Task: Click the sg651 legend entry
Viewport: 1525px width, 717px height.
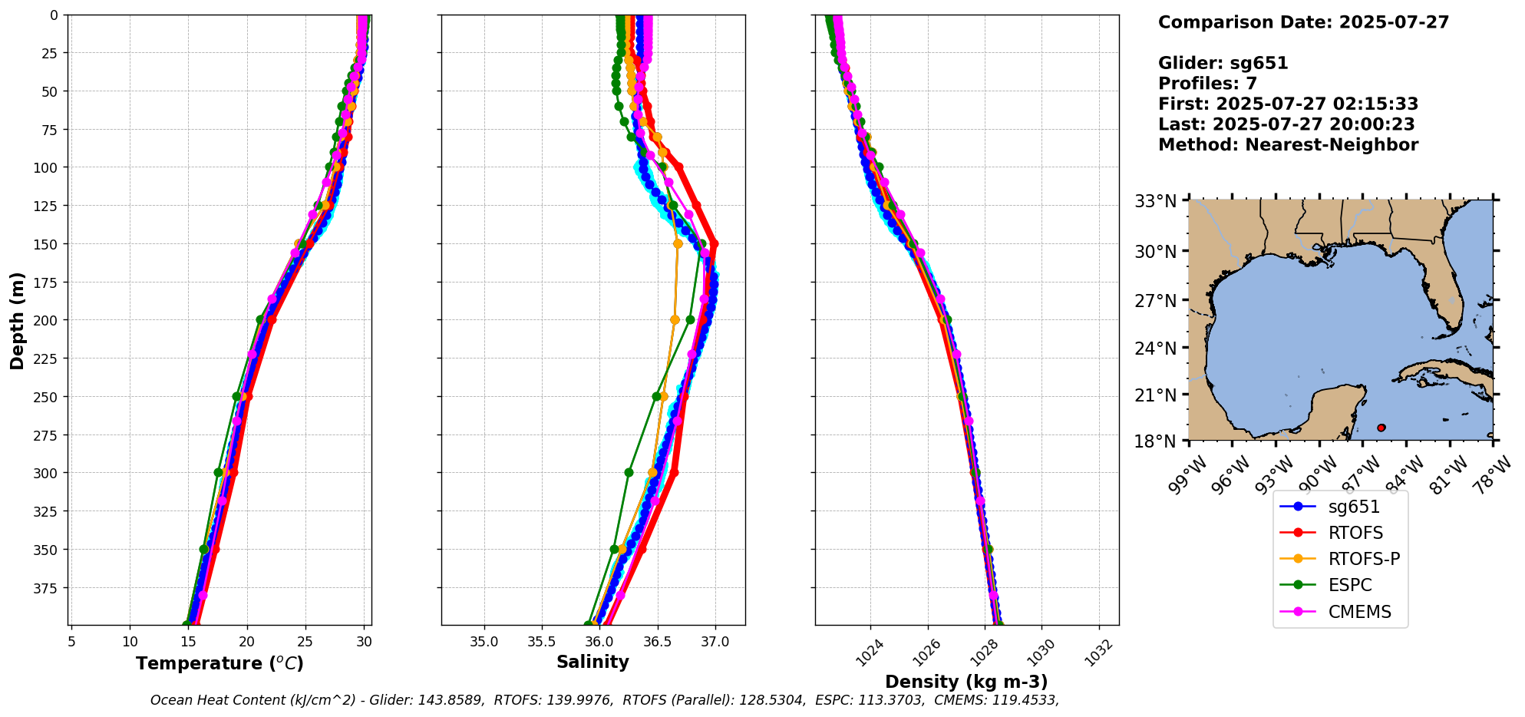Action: point(1354,507)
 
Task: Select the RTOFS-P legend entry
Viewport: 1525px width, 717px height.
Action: point(1364,559)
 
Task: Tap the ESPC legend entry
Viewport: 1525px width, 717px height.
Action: point(1350,585)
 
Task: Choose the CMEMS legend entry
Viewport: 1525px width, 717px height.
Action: point(1359,612)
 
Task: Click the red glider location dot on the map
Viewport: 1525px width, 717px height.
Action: point(1381,428)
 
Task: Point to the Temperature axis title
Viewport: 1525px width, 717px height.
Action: point(220,663)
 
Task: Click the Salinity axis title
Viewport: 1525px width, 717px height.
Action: point(593,662)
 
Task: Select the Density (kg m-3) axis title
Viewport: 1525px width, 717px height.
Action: point(966,682)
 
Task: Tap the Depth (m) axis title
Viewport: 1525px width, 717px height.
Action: point(17,320)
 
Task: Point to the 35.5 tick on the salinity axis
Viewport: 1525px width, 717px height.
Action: point(542,642)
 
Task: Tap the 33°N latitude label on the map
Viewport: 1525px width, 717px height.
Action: point(1156,201)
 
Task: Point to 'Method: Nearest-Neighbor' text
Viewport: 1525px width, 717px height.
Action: point(1288,144)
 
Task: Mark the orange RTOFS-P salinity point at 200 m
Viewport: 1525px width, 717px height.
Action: point(675,320)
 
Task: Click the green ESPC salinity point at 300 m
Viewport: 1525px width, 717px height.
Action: point(629,472)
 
